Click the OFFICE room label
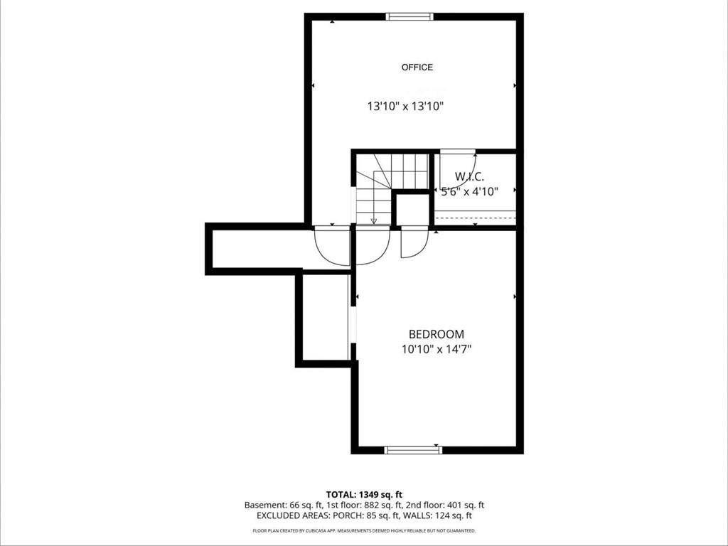click(417, 68)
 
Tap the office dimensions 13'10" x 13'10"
click(406, 107)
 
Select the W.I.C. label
click(469, 176)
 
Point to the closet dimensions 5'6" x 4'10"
click(469, 191)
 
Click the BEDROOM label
click(436, 334)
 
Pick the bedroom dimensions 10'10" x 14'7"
click(437, 349)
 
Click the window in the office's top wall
click(409, 17)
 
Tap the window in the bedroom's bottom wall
click(413, 449)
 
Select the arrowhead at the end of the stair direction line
click(374, 221)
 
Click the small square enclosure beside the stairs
click(412, 210)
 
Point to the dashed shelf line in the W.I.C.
click(475, 218)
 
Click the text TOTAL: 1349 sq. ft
click(360, 494)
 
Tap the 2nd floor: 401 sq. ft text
click(445, 505)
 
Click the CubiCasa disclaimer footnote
click(364, 530)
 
